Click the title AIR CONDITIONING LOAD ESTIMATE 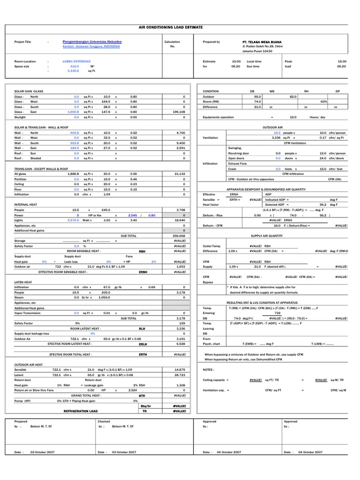pyautogui.click(x=177, y=28)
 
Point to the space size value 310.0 pyautogui.click(x=75, y=67)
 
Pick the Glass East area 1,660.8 pyautogui.click(x=73, y=112)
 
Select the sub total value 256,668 pyautogui.click(x=179, y=236)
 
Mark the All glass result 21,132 pyautogui.click(x=180, y=173)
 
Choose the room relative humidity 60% pyautogui.click(x=323, y=102)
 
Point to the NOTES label pyautogui.click(x=209, y=370)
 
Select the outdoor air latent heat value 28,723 pyautogui.click(x=179, y=375)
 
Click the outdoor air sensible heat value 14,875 pyautogui.click(x=179, y=370)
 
